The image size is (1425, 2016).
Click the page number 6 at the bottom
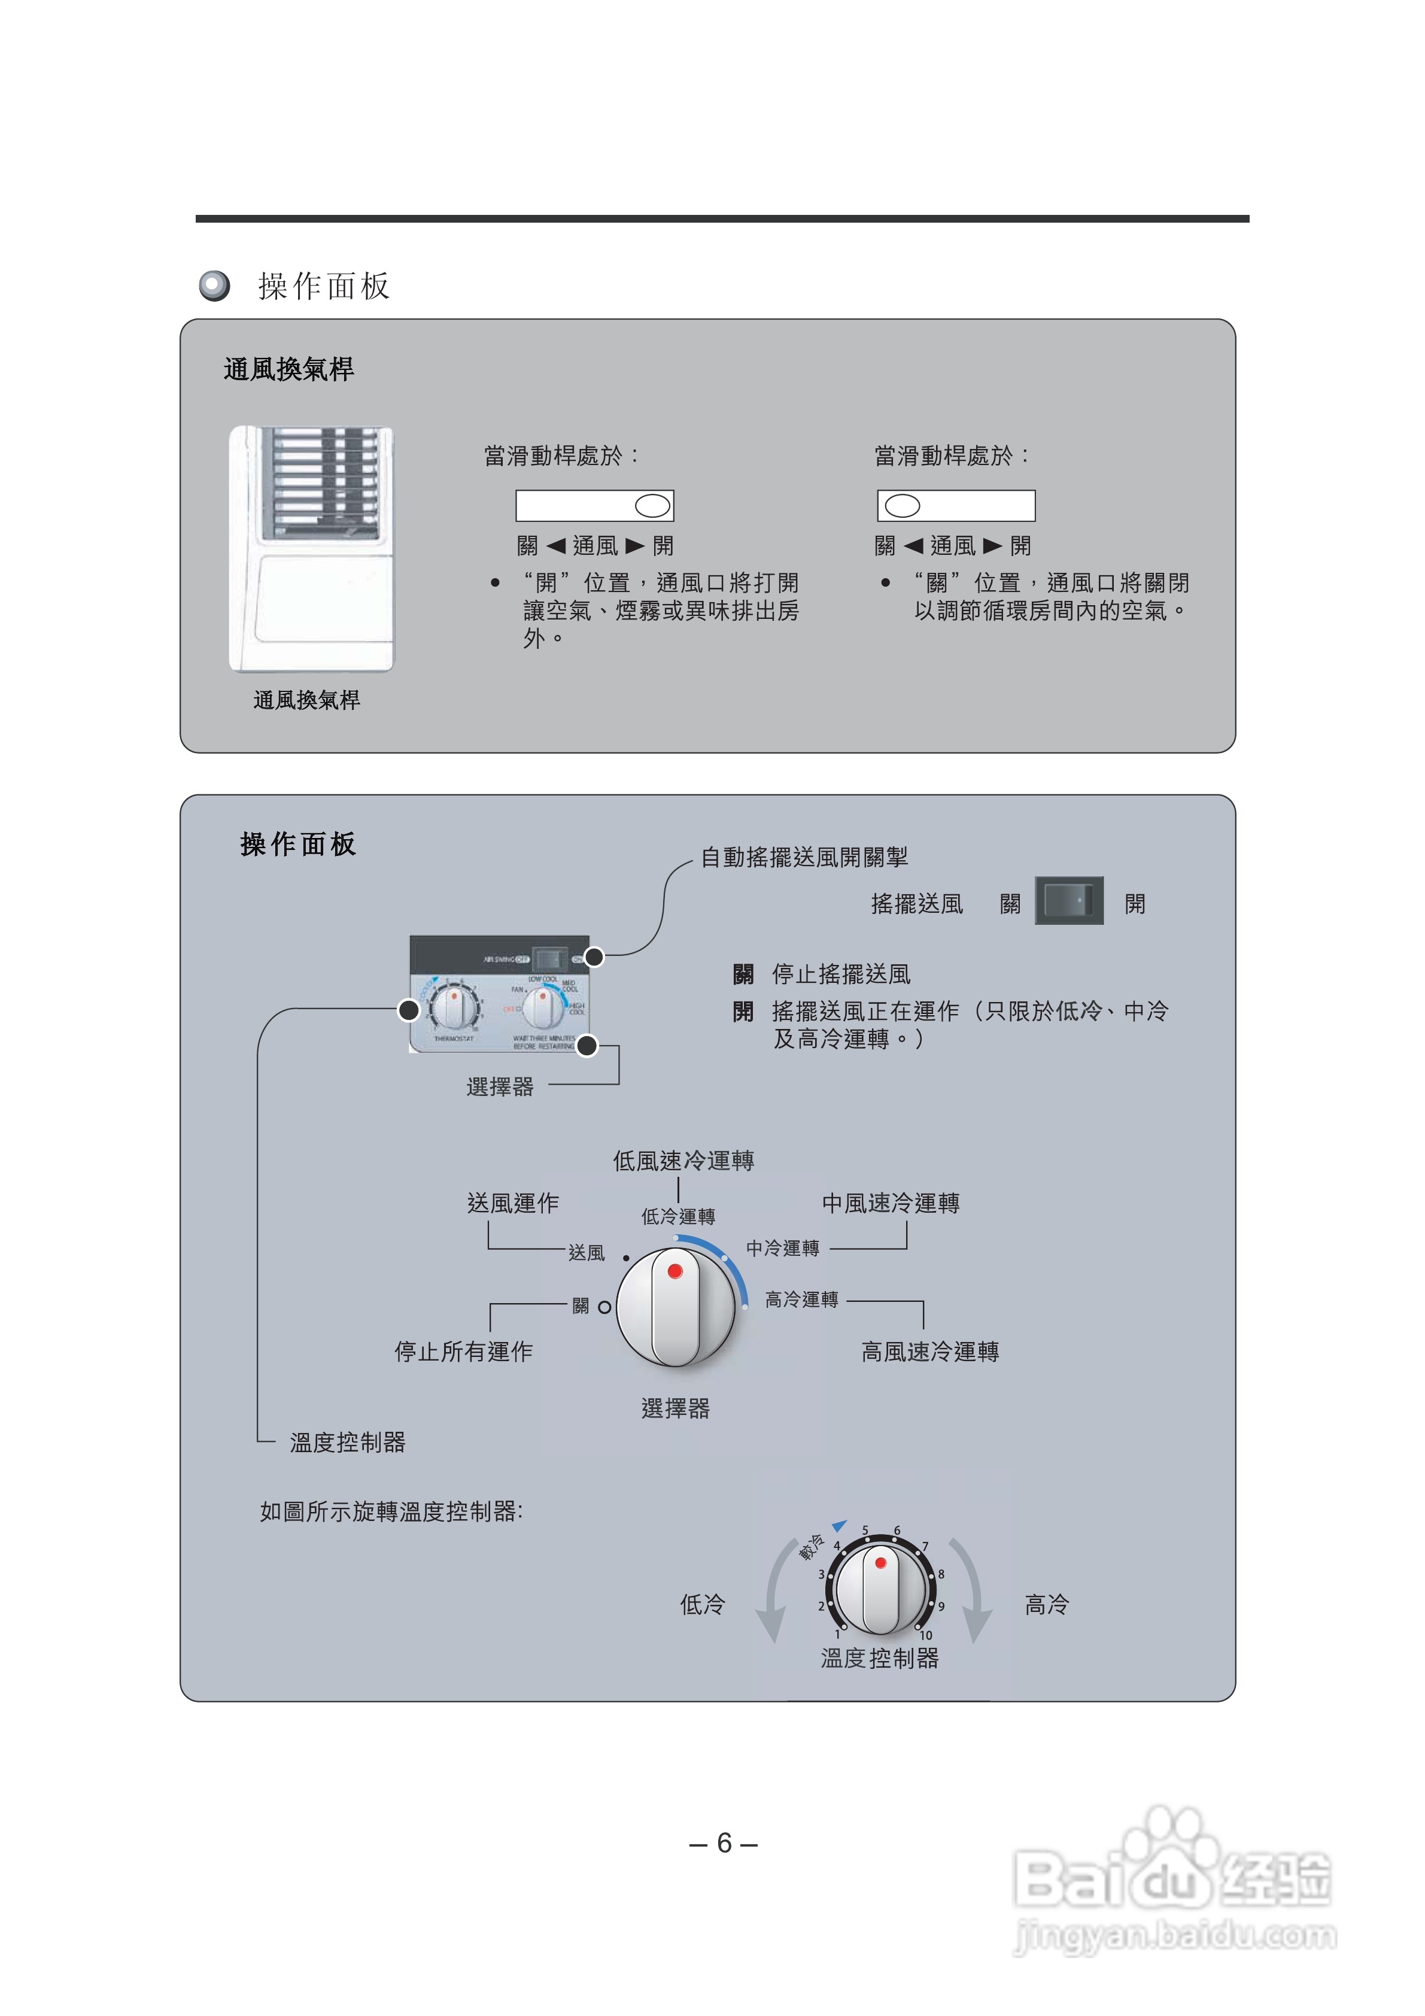(724, 1843)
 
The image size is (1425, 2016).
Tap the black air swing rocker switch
(1068, 901)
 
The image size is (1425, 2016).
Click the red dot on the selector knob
(674, 1271)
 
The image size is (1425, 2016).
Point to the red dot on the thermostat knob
(880, 1563)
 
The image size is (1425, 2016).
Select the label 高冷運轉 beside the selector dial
(801, 1300)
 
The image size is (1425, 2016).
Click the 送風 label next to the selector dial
(586, 1253)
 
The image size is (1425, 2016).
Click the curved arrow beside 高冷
(974, 1593)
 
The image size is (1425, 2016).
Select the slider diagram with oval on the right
(594, 506)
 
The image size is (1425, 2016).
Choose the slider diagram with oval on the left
(956, 506)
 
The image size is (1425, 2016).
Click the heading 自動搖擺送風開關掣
(803, 857)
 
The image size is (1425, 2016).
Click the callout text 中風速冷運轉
(891, 1203)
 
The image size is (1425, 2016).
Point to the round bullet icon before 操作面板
(214, 286)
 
